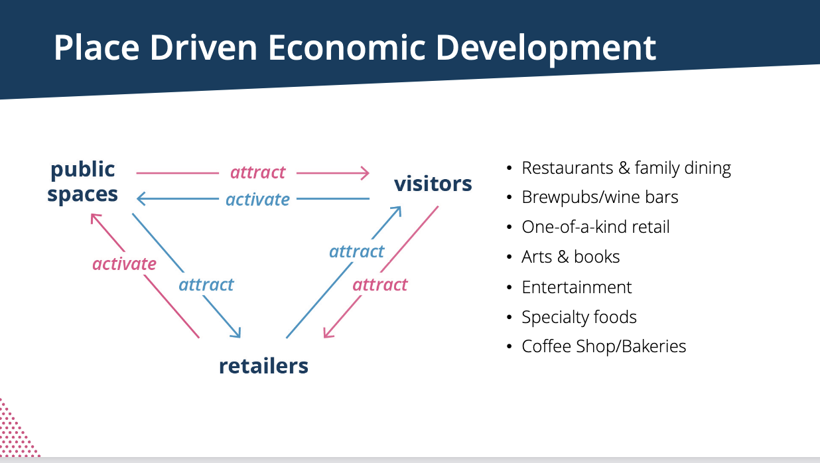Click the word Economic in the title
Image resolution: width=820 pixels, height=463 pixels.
point(347,48)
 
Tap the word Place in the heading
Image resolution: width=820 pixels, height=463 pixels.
point(97,48)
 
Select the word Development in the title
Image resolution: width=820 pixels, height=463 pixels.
point(546,49)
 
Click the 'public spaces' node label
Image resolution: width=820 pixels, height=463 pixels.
point(83,182)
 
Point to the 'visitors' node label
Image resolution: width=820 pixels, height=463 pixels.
point(433,183)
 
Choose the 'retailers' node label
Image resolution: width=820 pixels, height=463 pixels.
point(263,365)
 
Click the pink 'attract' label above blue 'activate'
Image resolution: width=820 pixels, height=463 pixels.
point(257,172)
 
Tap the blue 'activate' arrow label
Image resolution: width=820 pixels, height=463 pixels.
point(257,200)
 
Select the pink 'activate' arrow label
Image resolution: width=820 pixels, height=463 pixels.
point(125,263)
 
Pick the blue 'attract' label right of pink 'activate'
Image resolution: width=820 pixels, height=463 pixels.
point(206,285)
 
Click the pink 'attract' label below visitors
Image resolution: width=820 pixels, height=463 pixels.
point(380,285)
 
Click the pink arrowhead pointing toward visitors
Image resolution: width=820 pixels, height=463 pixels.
point(366,173)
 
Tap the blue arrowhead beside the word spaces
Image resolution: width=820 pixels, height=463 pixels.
point(141,199)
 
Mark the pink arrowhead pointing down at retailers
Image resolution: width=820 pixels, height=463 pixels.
point(328,332)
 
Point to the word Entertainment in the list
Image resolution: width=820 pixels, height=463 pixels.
point(577,287)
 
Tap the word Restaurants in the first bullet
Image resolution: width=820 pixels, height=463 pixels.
point(567,168)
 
